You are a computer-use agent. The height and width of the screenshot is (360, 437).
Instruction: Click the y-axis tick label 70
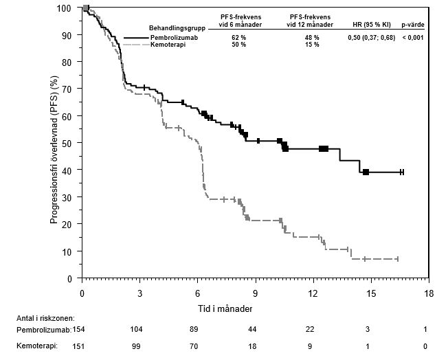coord(67,89)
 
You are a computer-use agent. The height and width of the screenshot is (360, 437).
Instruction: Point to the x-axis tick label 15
coord(372,293)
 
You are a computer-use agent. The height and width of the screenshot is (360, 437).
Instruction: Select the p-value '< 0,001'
coord(414,36)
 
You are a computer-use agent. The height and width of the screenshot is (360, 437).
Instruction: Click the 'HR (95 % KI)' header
coord(370,24)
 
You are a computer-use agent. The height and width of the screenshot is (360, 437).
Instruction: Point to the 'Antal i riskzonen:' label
coord(45,318)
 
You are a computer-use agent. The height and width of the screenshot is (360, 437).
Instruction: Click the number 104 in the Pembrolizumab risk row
coord(140,330)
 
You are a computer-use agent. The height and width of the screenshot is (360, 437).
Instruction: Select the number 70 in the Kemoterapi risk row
coord(198,346)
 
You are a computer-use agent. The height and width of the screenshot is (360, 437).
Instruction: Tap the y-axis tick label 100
coord(65,8)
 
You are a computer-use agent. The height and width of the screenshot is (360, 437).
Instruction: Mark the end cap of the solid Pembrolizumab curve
coord(402,172)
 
